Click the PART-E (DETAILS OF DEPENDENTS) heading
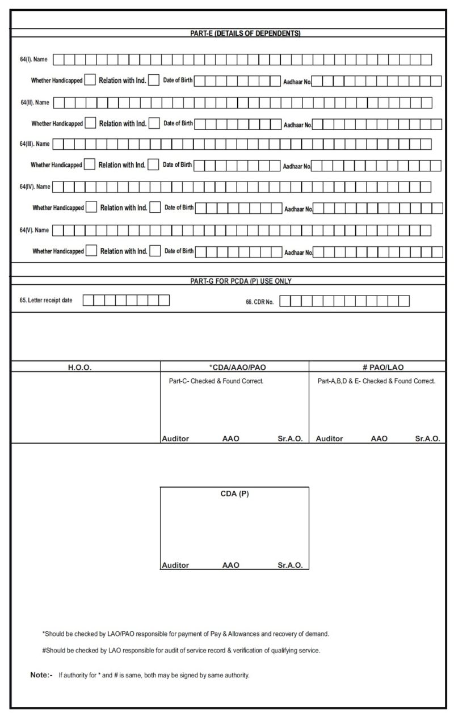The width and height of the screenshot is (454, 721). pos(245,33)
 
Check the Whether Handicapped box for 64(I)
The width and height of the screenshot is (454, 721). pos(90,80)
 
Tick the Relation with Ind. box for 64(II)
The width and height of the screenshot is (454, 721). pos(154,123)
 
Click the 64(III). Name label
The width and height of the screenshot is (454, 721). pos(35,144)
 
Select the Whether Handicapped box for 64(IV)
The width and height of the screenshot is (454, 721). pos(91,207)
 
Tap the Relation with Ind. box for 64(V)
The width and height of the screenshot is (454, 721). pos(155,251)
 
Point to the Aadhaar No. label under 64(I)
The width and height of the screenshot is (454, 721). pos(297,82)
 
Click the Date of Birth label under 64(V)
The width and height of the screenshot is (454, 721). pos(179,251)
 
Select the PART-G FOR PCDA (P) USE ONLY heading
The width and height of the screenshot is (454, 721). pos(241,281)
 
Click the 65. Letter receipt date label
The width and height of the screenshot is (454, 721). pos(46,300)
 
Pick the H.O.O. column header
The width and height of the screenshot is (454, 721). pos(80,368)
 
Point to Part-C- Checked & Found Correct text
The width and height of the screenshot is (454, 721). pos(216,381)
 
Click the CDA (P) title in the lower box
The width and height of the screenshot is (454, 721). pos(234,494)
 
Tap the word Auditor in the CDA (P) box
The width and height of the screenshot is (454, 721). pos(175,565)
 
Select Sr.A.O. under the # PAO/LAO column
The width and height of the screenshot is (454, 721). pos(427,438)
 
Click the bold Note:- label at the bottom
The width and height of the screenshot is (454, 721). pos(41,675)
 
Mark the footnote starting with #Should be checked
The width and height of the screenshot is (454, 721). pos(180,651)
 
